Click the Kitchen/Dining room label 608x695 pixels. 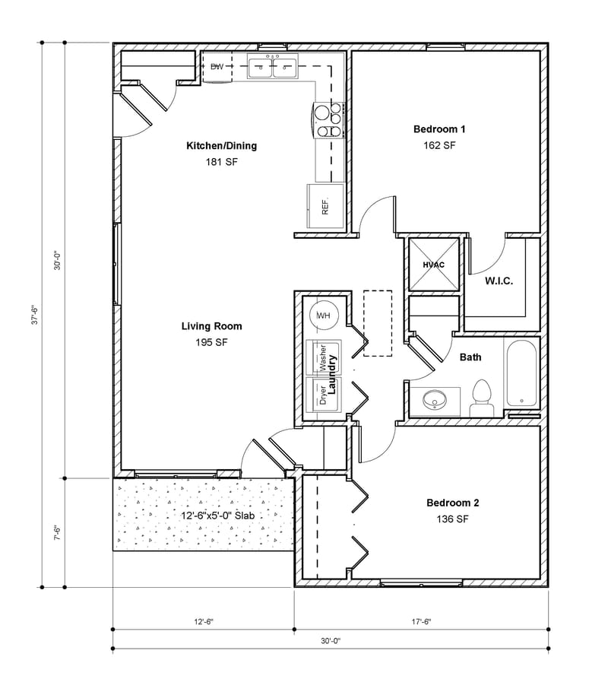[222, 146]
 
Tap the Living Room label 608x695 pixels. [211, 326]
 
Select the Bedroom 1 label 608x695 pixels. [439, 129]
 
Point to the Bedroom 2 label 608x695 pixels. [452, 503]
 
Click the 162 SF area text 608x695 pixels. [439, 145]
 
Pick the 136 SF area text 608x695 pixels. [452, 519]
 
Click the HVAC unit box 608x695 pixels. [433, 265]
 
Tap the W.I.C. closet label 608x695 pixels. [499, 281]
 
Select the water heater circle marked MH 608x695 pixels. [323, 315]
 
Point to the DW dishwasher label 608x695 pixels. [217, 68]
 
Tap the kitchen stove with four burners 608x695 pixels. [328, 121]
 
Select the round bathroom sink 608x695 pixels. [435, 399]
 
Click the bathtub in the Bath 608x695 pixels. [521, 376]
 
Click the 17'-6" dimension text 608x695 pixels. [419, 621]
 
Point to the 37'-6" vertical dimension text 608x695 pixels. [34, 314]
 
